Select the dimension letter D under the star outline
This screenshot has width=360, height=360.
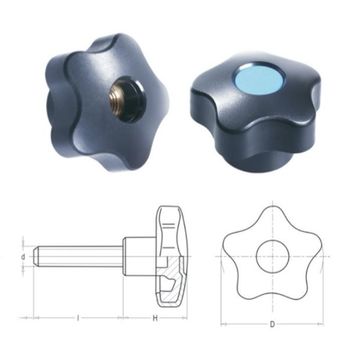(x=271, y=324)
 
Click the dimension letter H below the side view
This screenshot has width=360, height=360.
(x=154, y=317)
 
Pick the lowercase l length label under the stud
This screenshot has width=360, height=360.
(x=78, y=317)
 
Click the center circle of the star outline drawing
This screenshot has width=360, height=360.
(x=271, y=255)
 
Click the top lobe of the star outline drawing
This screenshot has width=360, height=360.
(x=271, y=216)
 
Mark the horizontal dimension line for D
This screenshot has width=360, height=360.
(x=271, y=313)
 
